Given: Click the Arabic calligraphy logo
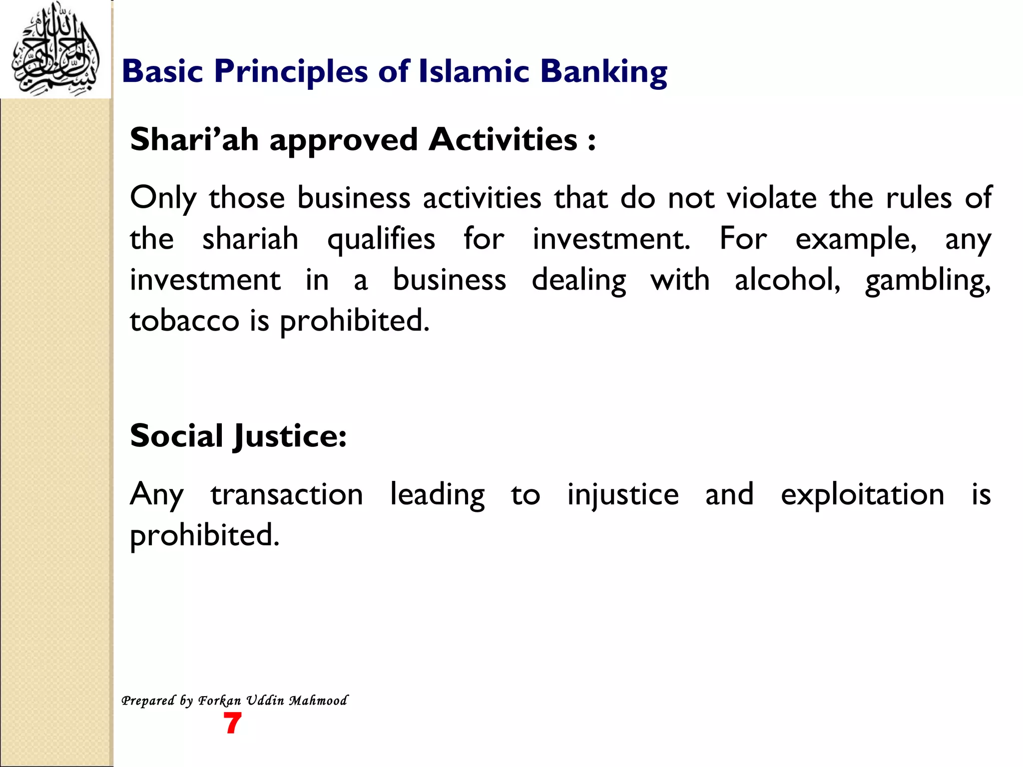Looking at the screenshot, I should point(55,50).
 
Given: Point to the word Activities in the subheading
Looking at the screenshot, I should point(503,139).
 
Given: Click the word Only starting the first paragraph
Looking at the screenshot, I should point(163,198).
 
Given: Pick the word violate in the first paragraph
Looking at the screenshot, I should point(771,198).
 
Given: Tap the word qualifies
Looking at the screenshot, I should point(381,239).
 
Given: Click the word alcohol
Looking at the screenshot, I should point(788,280).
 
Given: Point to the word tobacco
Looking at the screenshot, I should point(184,321).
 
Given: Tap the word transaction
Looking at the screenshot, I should point(287,495).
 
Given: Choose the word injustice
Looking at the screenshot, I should point(622,496).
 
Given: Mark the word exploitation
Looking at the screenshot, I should point(862,496).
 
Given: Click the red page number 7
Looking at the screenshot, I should point(232,724).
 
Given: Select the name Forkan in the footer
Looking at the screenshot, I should point(220,701).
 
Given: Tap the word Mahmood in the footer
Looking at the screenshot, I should point(318,701).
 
